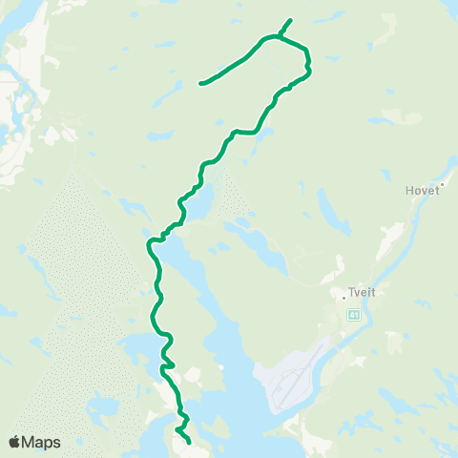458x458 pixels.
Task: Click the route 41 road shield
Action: [353, 316]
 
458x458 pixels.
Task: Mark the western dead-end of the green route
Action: [200, 84]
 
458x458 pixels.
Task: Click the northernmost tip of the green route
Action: [291, 20]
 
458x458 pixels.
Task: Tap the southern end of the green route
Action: [190, 443]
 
